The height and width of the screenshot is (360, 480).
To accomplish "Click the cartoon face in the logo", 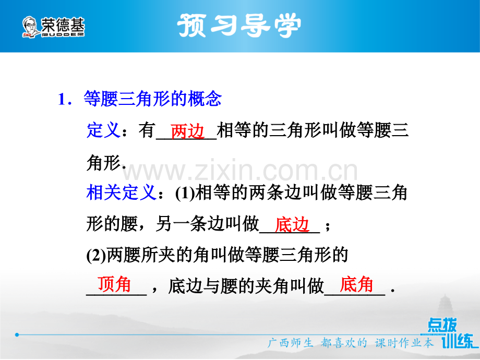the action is pyautogui.click(x=30, y=27).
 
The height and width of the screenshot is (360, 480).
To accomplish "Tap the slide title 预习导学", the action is pyautogui.click(x=239, y=26).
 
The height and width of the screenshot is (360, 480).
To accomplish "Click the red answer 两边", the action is pyautogui.click(x=187, y=131).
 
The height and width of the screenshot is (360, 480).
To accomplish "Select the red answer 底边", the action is pyautogui.click(x=292, y=225).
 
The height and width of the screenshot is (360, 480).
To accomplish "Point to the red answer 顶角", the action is pyautogui.click(x=114, y=284).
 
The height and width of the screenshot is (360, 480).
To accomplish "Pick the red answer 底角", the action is pyautogui.click(x=356, y=284).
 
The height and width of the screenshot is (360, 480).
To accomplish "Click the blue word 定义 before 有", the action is pyautogui.click(x=103, y=130).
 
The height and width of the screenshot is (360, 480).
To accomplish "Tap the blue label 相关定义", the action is pyautogui.click(x=121, y=193).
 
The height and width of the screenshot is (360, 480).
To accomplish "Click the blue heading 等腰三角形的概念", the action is pyautogui.click(x=152, y=99).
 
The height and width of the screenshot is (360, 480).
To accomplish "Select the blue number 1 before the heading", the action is pyautogui.click(x=63, y=100).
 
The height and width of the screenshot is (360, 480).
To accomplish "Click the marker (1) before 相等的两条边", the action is pyautogui.click(x=185, y=193).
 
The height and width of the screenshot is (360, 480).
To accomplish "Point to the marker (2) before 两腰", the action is pyautogui.click(x=96, y=255).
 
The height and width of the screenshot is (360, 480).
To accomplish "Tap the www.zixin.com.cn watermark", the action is pyautogui.click(x=239, y=170).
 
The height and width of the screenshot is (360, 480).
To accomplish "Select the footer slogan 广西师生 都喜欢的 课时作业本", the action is pyautogui.click(x=351, y=343).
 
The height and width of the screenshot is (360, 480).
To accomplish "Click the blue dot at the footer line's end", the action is pyautogui.click(x=17, y=334).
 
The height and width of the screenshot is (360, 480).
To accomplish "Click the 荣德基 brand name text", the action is pyautogui.click(x=63, y=25).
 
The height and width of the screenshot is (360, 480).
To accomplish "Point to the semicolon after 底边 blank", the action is pyautogui.click(x=328, y=226).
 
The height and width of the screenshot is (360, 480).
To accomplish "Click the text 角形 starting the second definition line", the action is pyautogui.click(x=103, y=162).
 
